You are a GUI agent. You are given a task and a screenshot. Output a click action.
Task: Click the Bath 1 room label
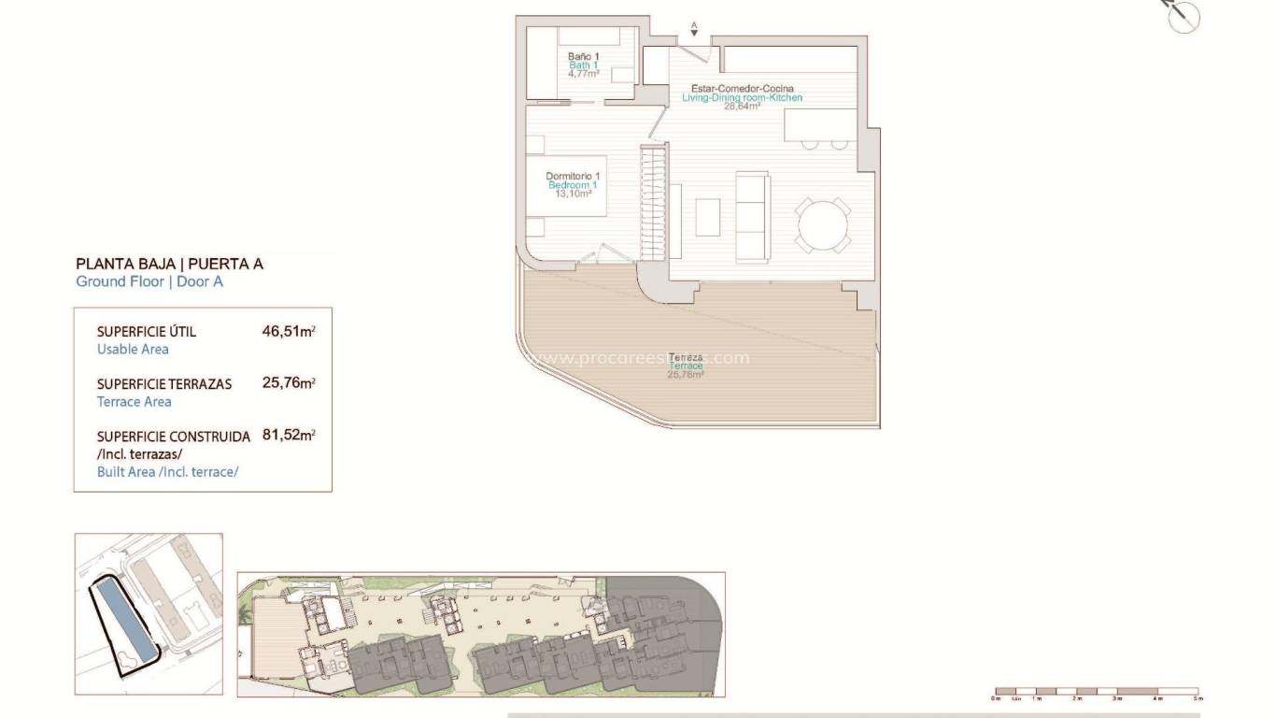pos(584,65)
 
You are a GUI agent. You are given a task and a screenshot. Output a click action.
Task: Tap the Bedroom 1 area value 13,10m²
pos(573,194)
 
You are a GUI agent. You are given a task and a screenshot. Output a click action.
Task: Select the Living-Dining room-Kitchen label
pos(742,97)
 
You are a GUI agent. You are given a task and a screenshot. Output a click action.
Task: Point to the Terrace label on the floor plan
pos(685,366)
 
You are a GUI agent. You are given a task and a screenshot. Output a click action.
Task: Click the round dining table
pos(823,224)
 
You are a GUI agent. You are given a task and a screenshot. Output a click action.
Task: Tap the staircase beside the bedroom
pos(652,202)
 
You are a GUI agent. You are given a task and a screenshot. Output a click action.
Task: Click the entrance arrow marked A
pos(694,29)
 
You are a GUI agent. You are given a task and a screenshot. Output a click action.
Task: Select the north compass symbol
pos(1183,17)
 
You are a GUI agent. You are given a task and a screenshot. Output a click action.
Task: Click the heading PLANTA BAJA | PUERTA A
pos(169,264)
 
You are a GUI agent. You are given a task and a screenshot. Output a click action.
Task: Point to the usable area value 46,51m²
pos(289,331)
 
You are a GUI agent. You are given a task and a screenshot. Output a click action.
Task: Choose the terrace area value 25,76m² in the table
pos(289,383)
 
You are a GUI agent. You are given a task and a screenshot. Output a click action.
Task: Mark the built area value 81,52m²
pos(289,436)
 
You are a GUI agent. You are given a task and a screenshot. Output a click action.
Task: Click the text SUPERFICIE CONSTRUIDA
pos(174,437)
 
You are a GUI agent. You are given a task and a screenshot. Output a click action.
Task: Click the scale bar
pos(1097,693)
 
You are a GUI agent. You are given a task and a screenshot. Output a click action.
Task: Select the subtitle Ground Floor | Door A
pos(149,281)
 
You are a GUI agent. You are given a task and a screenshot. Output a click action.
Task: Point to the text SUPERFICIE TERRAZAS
pos(164,384)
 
